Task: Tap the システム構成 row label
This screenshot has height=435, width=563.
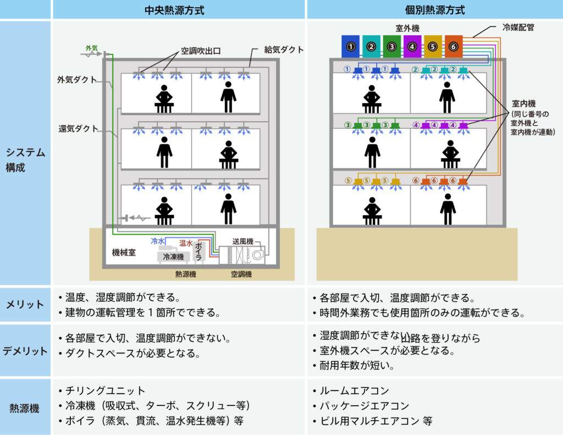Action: [25, 160]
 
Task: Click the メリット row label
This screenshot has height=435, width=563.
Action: [25, 304]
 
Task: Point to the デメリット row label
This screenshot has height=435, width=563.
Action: [25, 350]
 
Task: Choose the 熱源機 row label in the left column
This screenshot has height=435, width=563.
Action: [25, 408]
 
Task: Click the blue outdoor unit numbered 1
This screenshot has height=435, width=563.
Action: [351, 47]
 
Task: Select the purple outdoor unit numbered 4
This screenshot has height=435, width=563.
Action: [412, 47]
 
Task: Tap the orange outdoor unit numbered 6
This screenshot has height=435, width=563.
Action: [454, 47]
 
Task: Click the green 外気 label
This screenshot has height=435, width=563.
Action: [92, 48]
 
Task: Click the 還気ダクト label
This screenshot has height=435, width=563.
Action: [79, 129]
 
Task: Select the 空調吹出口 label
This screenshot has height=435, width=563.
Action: [201, 51]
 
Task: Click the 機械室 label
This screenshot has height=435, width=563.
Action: [124, 253]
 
